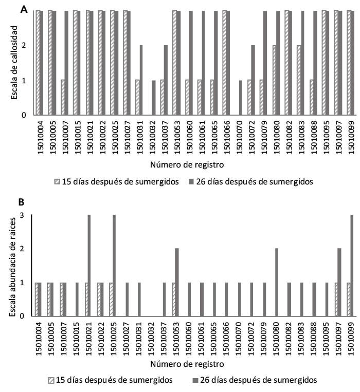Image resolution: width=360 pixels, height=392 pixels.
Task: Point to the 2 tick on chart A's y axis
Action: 24,45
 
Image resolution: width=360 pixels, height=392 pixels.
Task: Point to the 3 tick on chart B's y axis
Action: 24,215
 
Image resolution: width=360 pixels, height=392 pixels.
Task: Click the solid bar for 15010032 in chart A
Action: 153,98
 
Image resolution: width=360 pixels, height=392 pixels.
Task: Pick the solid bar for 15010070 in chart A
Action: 240,98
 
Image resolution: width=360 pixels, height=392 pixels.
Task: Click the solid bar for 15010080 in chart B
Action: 277,282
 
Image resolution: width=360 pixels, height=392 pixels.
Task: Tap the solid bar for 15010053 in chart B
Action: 177,282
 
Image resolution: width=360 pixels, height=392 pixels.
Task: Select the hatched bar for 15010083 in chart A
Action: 298,80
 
